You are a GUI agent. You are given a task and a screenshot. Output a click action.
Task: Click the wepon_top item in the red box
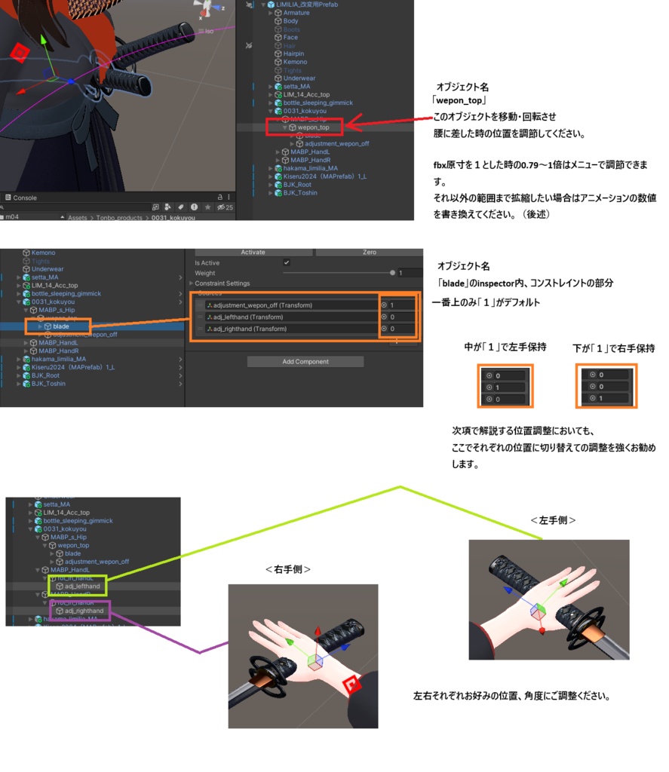(313, 127)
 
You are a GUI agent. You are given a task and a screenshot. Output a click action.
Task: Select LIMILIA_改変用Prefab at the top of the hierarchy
(308, 5)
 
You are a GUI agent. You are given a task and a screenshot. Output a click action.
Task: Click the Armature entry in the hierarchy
(296, 13)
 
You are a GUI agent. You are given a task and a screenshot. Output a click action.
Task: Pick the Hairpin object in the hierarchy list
(294, 54)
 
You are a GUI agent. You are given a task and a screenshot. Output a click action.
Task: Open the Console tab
(25, 198)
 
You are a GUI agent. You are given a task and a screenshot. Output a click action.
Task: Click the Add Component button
(305, 362)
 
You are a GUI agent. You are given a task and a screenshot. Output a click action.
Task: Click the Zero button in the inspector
(369, 252)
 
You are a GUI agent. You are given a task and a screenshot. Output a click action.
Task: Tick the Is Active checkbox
(286, 262)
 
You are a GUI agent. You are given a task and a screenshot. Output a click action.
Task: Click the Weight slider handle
(392, 273)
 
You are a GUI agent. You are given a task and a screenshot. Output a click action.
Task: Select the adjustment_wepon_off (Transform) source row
(290, 305)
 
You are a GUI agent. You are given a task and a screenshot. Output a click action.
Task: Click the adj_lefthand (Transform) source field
(290, 317)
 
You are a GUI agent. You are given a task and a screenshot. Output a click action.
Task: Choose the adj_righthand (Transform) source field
(290, 329)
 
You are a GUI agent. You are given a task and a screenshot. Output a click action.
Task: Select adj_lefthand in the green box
(81, 586)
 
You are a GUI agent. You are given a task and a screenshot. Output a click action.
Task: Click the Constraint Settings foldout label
(222, 283)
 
